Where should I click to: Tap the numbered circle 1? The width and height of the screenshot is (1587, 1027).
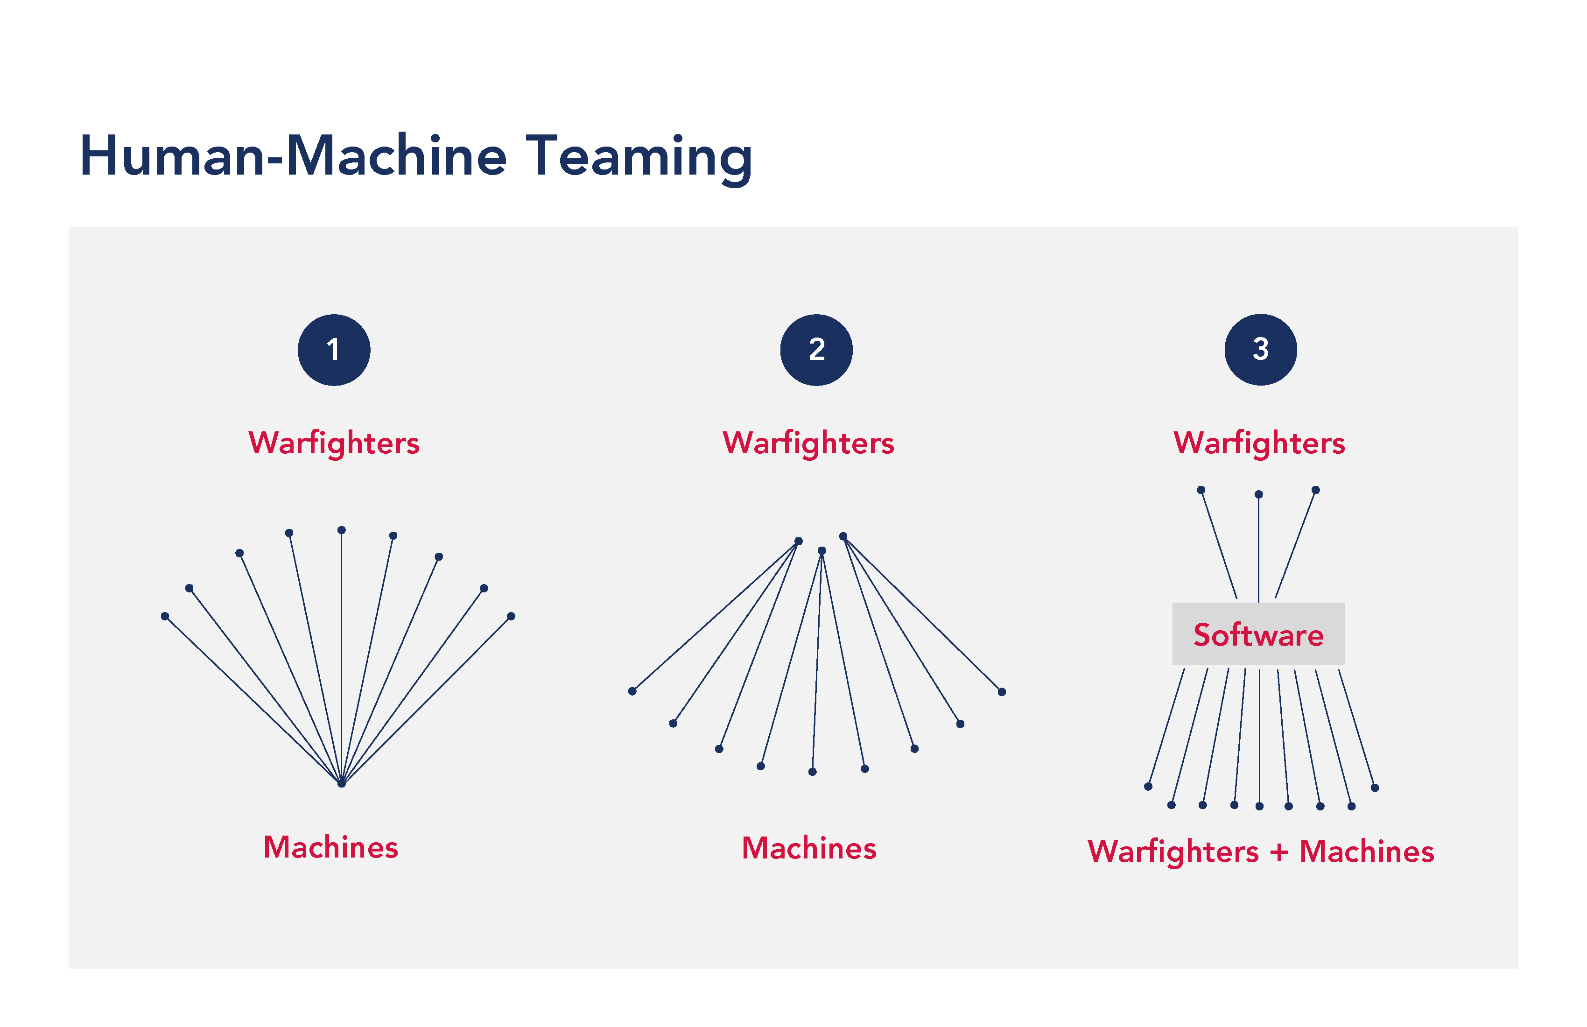(333, 350)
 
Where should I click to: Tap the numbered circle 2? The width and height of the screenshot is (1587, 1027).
(816, 350)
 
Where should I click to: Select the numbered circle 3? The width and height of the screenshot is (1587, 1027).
(1260, 350)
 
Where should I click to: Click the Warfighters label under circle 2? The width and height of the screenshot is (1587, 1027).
(808, 443)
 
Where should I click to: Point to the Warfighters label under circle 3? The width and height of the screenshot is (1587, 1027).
(1259, 443)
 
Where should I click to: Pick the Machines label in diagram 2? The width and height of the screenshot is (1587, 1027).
(809, 848)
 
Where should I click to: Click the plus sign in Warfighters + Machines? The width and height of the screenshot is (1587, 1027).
(1279, 852)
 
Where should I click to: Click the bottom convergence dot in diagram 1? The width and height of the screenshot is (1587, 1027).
(341, 784)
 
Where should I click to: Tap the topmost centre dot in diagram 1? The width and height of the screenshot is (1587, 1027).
(341, 530)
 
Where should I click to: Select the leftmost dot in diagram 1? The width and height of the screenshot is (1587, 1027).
(165, 616)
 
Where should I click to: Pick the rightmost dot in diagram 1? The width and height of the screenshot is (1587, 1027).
(512, 616)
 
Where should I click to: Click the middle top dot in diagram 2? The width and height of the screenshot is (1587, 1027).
(822, 551)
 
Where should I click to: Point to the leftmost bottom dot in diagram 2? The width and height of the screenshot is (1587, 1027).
(632, 691)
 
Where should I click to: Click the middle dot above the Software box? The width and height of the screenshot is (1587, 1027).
(1258, 495)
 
